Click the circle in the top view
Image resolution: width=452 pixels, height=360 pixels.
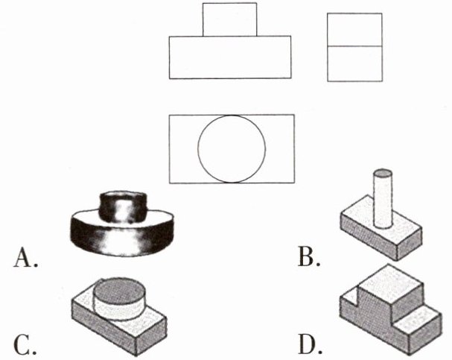(232, 148)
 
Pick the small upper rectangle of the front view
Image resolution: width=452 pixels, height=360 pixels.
(229, 19)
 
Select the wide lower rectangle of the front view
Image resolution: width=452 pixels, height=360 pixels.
(229, 57)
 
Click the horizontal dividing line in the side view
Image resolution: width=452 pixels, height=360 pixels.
(354, 47)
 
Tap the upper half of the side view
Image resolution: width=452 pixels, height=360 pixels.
(354, 30)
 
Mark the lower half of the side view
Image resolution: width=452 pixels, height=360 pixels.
(354, 63)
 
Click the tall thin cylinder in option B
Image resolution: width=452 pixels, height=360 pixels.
(382, 201)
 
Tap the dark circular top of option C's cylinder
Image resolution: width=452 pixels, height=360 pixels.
(120, 288)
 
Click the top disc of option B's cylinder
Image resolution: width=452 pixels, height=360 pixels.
(382, 174)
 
